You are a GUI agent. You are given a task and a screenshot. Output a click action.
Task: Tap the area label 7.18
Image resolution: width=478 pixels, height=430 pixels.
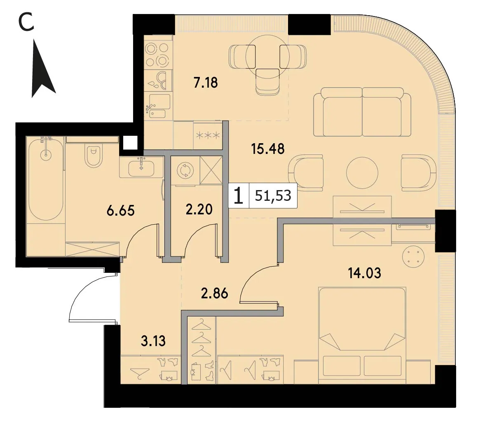(x=206, y=82)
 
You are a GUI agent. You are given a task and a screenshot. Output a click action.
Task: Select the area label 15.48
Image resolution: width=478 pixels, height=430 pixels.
(x=268, y=149)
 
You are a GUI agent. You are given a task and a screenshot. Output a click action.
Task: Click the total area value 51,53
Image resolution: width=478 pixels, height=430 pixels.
(x=273, y=196)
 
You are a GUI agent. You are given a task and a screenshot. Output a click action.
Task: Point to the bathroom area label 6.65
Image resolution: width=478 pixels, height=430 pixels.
(x=121, y=210)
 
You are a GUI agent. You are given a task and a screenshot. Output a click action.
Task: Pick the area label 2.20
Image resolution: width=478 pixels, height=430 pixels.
(x=199, y=209)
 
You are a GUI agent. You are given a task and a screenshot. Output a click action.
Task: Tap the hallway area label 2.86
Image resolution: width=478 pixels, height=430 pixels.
(x=215, y=293)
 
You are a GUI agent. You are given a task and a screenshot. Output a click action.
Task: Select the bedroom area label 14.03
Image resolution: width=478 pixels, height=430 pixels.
(x=365, y=273)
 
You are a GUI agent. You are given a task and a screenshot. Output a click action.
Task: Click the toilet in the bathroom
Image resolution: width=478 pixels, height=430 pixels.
(x=94, y=156)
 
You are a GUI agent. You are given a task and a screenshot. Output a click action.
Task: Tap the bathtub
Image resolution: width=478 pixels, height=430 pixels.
(x=46, y=179)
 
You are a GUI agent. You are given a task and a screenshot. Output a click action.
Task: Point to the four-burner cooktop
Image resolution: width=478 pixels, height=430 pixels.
(x=157, y=54)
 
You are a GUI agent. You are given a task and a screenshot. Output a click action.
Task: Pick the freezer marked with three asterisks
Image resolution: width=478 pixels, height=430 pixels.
(x=208, y=135)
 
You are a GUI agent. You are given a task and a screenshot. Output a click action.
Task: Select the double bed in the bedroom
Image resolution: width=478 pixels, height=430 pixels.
(x=362, y=335)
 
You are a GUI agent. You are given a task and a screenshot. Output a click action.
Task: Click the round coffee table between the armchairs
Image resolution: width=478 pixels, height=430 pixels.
(x=362, y=173)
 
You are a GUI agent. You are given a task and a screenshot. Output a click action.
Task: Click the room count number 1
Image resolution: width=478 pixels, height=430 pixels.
(x=239, y=196)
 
